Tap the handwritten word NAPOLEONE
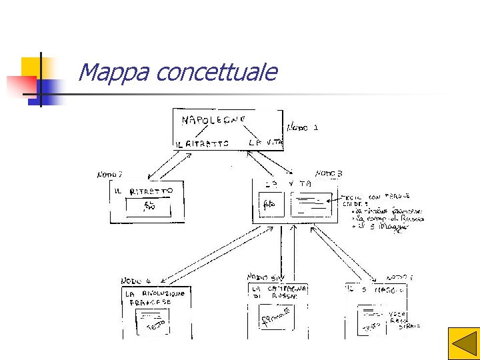point(214,119)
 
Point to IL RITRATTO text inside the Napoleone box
point(202,143)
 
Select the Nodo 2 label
point(109,175)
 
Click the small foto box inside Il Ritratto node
point(149,207)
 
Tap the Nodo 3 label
point(329,173)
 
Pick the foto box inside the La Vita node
point(273,203)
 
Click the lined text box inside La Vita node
point(311,203)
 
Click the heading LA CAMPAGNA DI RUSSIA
point(278,292)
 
